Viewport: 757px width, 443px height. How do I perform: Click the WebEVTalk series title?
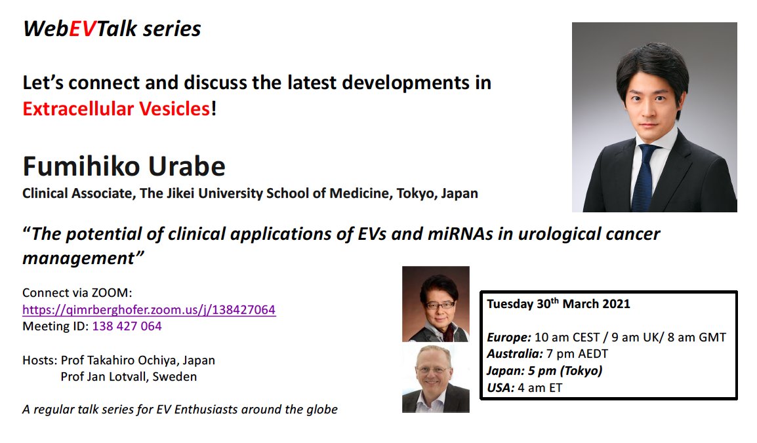[112, 29]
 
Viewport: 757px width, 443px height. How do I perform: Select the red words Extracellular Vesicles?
[116, 108]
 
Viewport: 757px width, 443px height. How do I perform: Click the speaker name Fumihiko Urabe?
[124, 166]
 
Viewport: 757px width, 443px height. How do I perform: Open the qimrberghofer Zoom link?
[149, 310]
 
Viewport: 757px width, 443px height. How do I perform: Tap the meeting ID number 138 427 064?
[127, 326]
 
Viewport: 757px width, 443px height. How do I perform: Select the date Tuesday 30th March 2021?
[558, 304]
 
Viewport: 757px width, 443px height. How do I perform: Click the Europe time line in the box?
[606, 337]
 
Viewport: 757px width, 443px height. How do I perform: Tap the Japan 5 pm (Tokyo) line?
[544, 370]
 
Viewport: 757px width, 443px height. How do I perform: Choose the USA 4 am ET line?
[524, 387]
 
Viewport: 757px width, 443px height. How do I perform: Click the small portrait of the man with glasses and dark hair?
[436, 303]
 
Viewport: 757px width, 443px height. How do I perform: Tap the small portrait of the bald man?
[436, 378]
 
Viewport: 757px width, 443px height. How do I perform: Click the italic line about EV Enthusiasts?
[180, 410]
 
